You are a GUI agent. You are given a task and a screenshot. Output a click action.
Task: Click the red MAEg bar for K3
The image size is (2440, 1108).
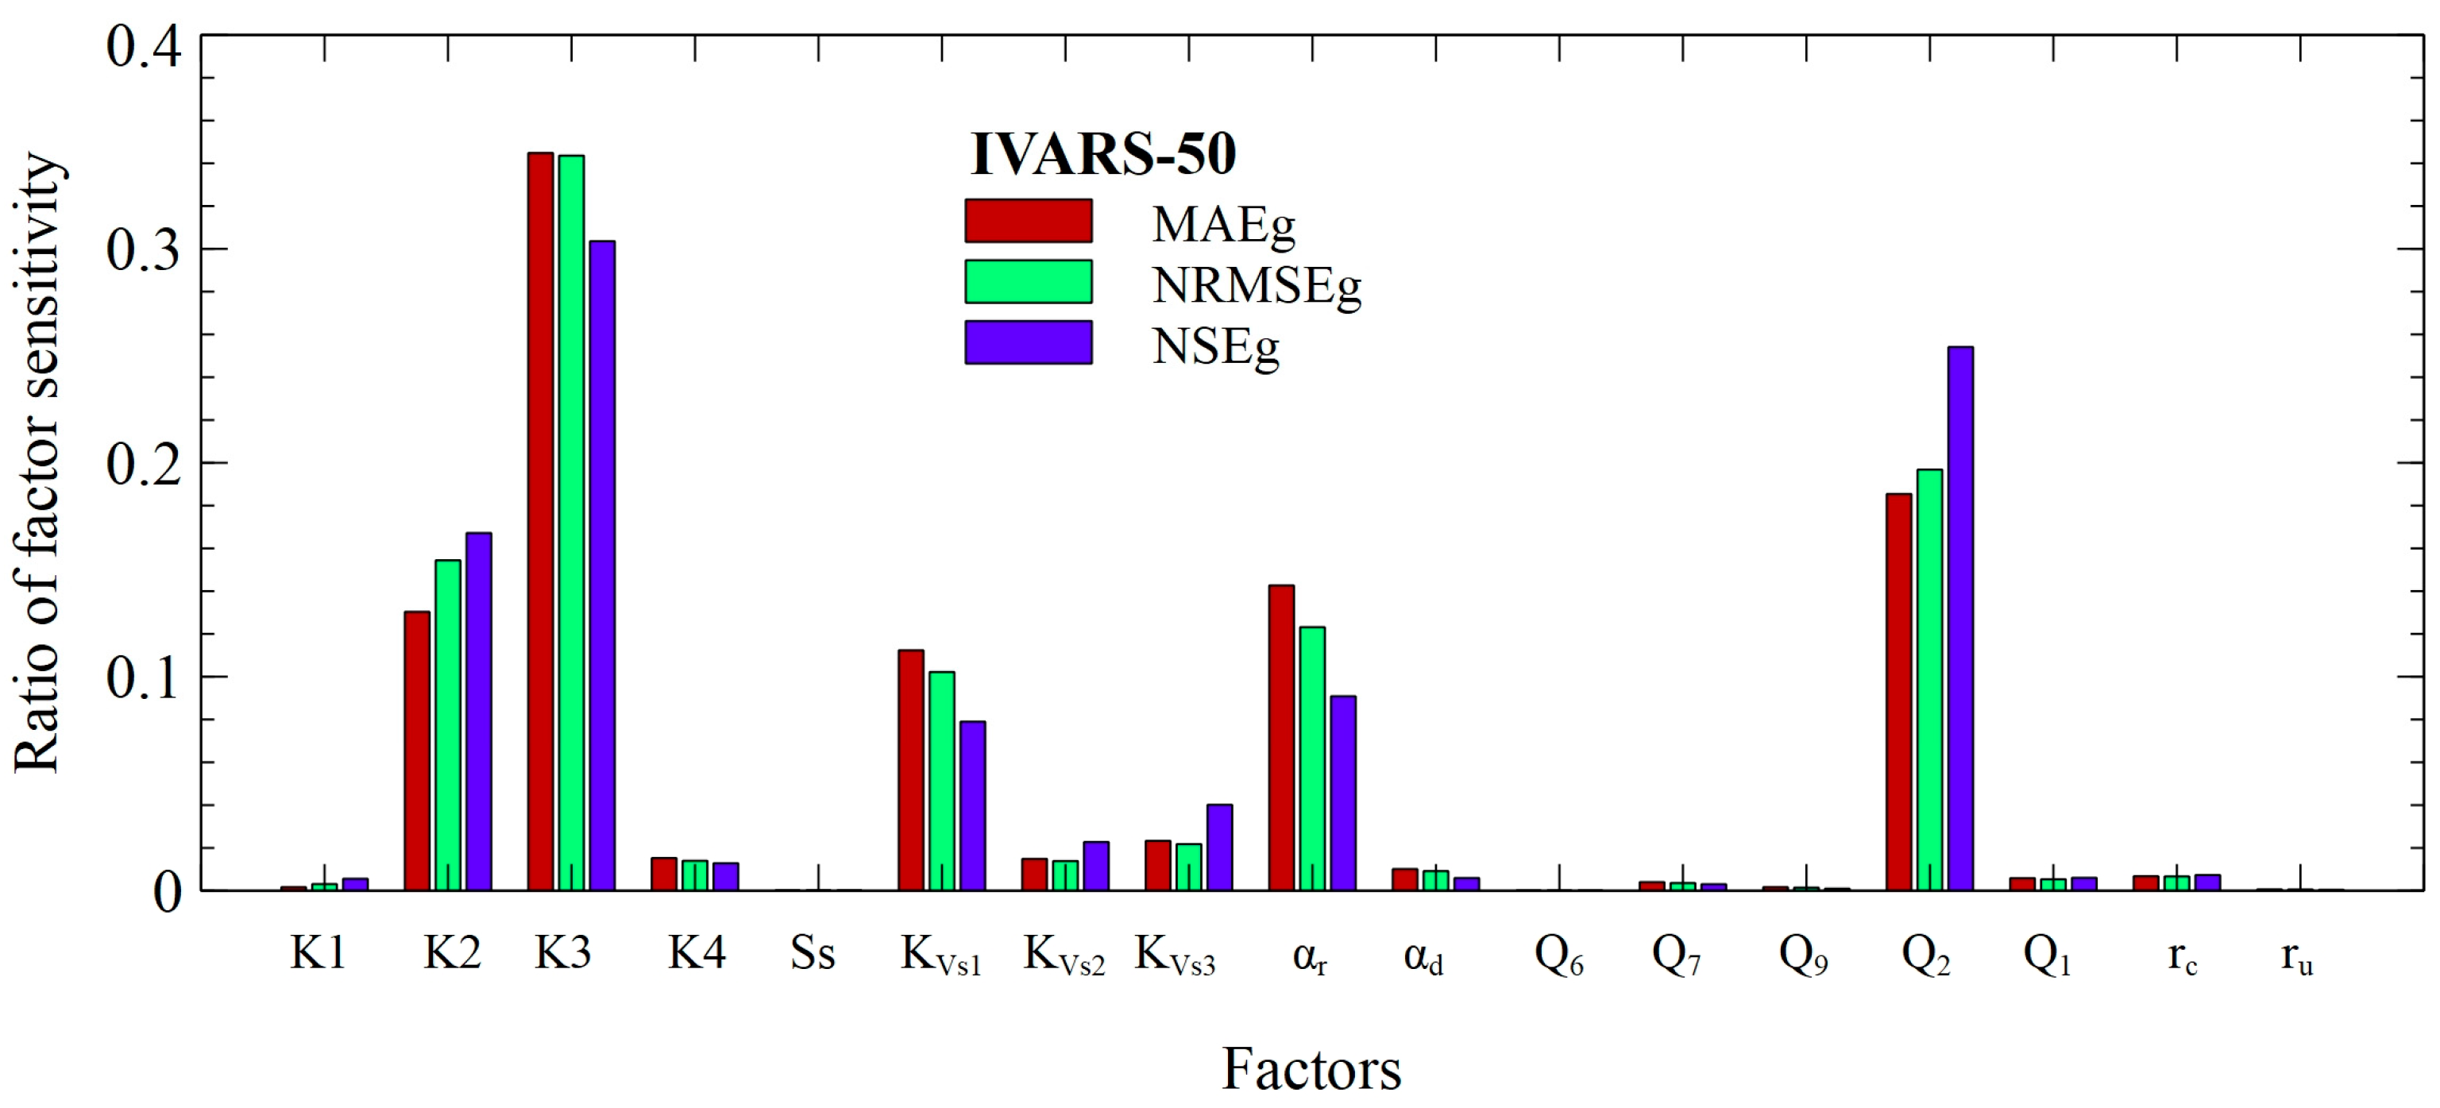click(x=540, y=521)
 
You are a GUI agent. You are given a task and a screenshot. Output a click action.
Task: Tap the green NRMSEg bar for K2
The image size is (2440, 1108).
click(x=448, y=724)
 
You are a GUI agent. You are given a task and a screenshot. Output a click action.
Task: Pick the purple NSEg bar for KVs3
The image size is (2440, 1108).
click(x=1219, y=847)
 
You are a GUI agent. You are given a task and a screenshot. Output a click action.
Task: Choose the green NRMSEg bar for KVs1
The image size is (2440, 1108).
click(x=941, y=782)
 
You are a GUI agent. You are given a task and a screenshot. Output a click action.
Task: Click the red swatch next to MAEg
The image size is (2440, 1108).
click(x=1028, y=221)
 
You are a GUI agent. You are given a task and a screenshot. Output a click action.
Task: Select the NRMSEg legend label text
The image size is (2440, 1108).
click(x=1256, y=285)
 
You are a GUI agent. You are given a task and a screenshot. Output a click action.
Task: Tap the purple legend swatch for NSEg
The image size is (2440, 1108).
click(x=1028, y=342)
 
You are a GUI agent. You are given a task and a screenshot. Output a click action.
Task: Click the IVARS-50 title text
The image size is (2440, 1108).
click(x=1102, y=154)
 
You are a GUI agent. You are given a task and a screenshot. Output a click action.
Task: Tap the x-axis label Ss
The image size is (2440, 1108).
click(x=813, y=954)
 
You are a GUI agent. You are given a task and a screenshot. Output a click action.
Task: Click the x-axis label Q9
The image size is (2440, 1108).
click(x=1802, y=956)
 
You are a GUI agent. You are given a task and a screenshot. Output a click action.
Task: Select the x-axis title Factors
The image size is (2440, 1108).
click(x=1311, y=1069)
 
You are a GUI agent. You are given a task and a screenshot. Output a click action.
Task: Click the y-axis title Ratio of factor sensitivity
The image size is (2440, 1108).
click(x=38, y=464)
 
